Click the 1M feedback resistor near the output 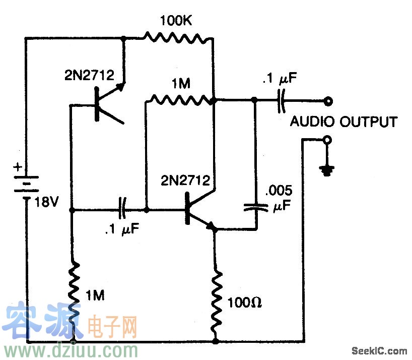point(181,99)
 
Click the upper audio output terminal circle point(328,101)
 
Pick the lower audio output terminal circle point(328,140)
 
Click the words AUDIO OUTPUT point(343,122)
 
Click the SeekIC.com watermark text point(379,350)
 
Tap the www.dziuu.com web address point(71,349)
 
